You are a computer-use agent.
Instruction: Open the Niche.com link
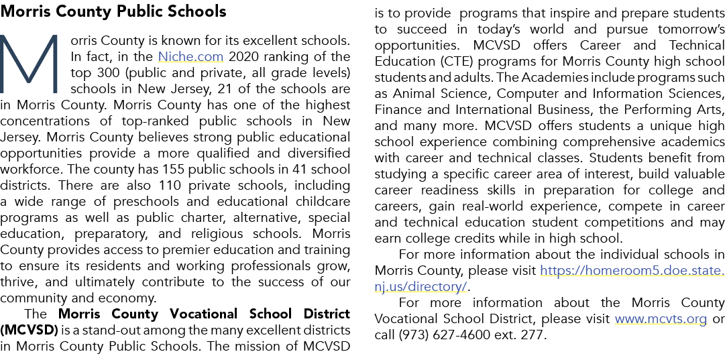[190, 57]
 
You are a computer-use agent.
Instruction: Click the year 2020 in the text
[245, 57]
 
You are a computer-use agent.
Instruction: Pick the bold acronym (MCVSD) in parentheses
[29, 331]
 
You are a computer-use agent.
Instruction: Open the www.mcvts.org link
[661, 319]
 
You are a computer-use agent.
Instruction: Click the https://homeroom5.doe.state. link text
[632, 270]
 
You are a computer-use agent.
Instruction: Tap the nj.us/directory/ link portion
[421, 286]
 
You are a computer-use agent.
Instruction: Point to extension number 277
[535, 335]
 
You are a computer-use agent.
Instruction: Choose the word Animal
[412, 94]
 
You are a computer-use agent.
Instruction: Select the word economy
[133, 299]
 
